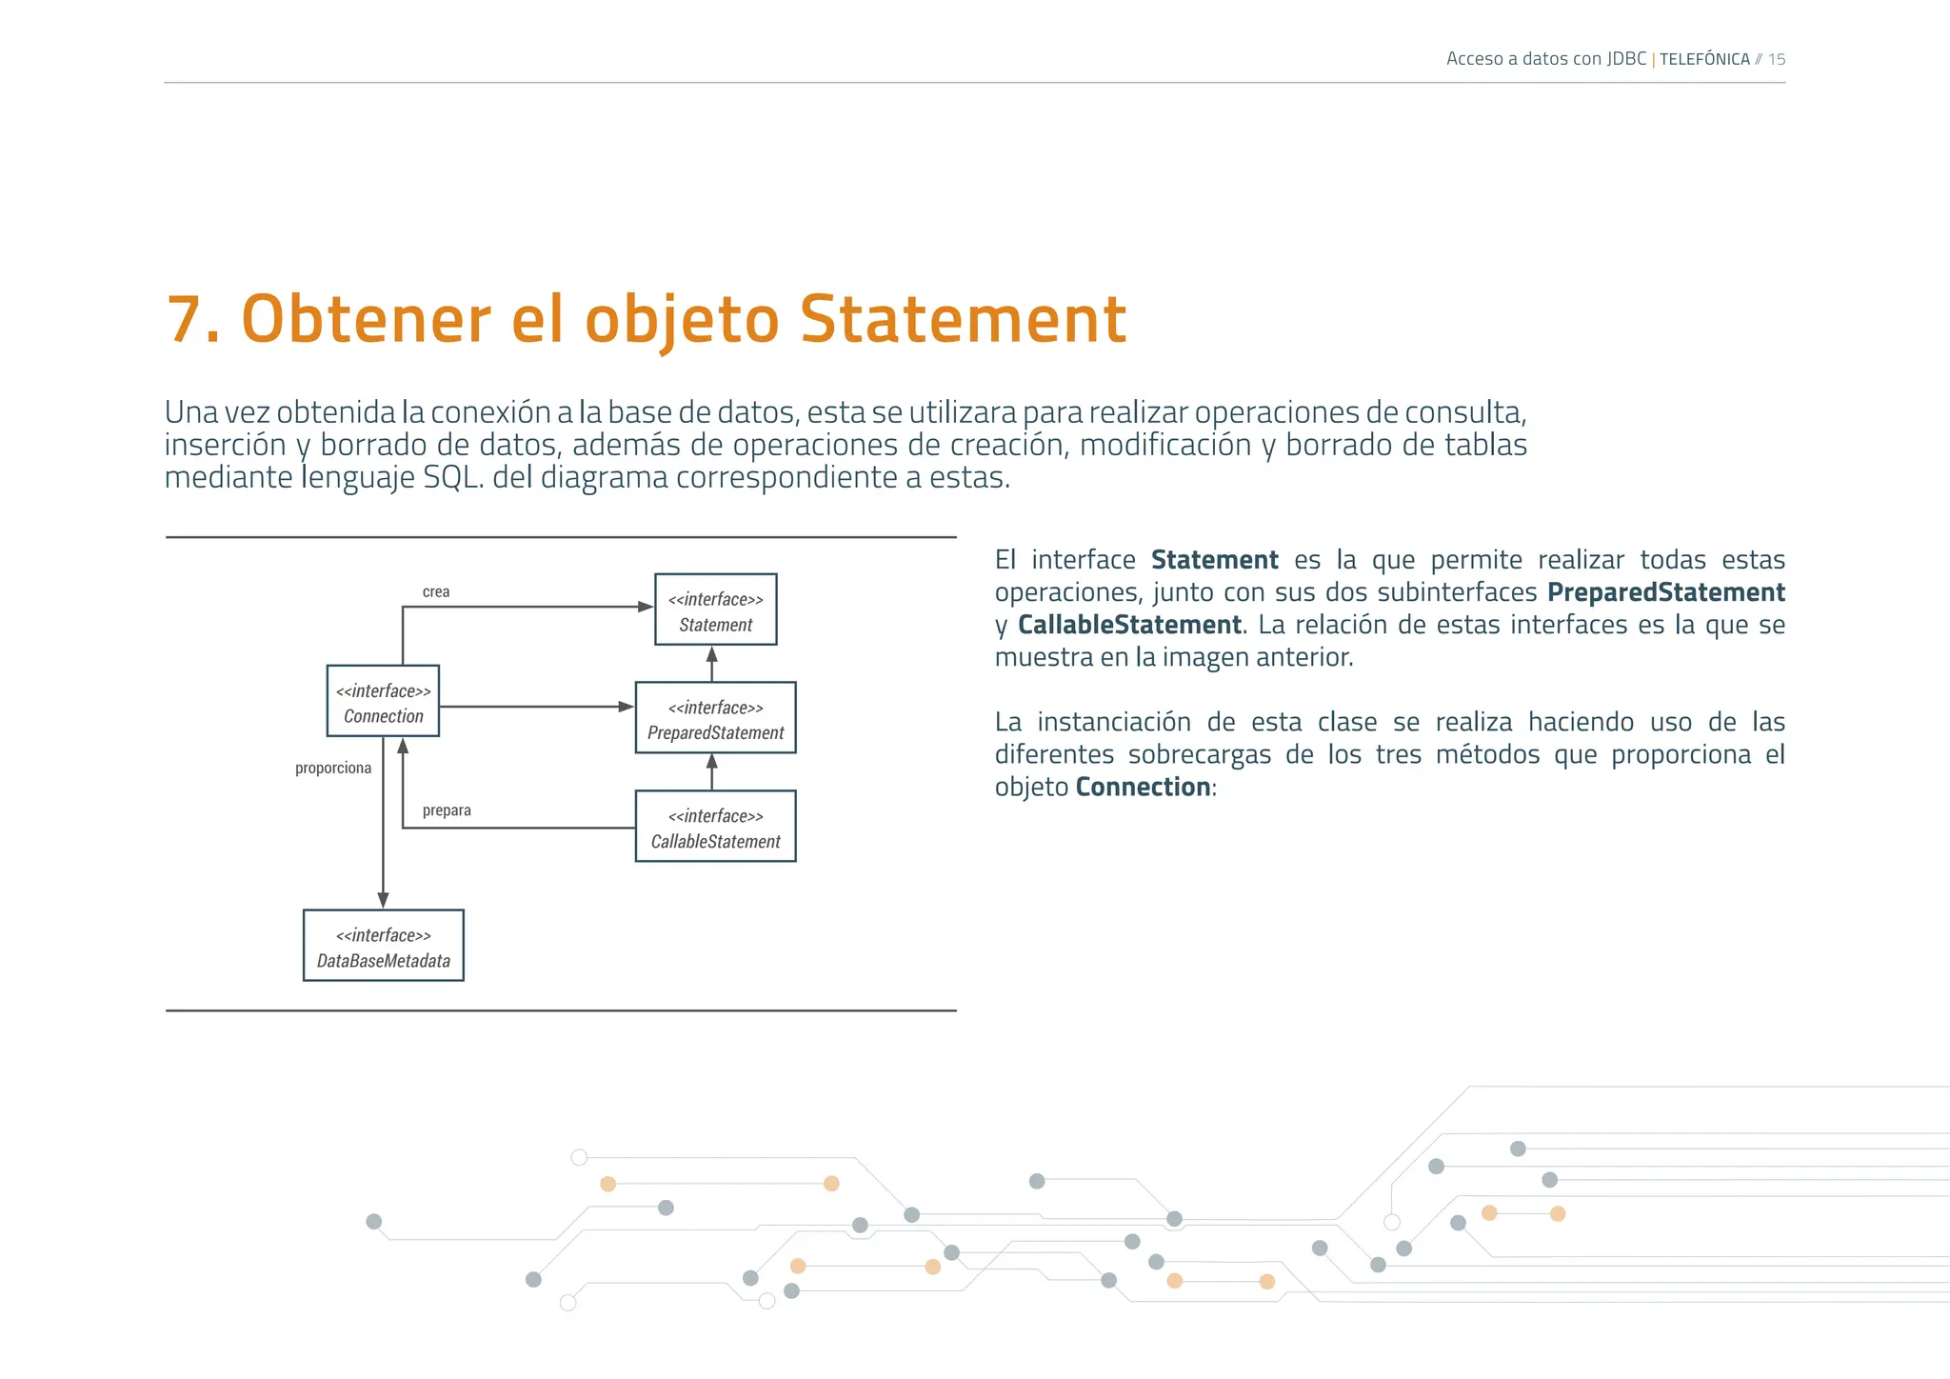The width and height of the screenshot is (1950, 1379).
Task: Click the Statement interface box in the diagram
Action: [715, 610]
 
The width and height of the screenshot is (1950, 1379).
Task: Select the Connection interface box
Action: [383, 701]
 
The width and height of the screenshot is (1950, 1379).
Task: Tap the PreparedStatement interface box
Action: [715, 718]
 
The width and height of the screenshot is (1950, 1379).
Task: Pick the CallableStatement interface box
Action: [715, 827]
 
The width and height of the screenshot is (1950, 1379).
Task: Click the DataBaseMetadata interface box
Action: [383, 946]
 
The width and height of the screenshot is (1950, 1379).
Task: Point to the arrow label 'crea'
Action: [436, 592]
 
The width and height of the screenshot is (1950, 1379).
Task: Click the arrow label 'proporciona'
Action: [333, 769]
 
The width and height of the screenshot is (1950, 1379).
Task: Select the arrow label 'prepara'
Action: [447, 810]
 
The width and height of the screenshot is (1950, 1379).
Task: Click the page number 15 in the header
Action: [1776, 59]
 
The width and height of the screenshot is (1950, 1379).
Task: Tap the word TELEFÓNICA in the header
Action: [1704, 59]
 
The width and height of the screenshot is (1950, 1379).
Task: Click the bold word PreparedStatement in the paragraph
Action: [1665, 592]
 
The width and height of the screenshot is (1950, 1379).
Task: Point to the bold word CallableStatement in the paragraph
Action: [1129, 625]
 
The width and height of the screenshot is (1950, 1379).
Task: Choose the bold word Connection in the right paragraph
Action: [1143, 787]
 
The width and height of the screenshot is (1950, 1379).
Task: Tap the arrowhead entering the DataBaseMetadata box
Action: [383, 900]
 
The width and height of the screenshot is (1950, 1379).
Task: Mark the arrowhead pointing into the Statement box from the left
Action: [646, 607]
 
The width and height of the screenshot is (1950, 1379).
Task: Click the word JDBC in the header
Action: [1626, 59]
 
